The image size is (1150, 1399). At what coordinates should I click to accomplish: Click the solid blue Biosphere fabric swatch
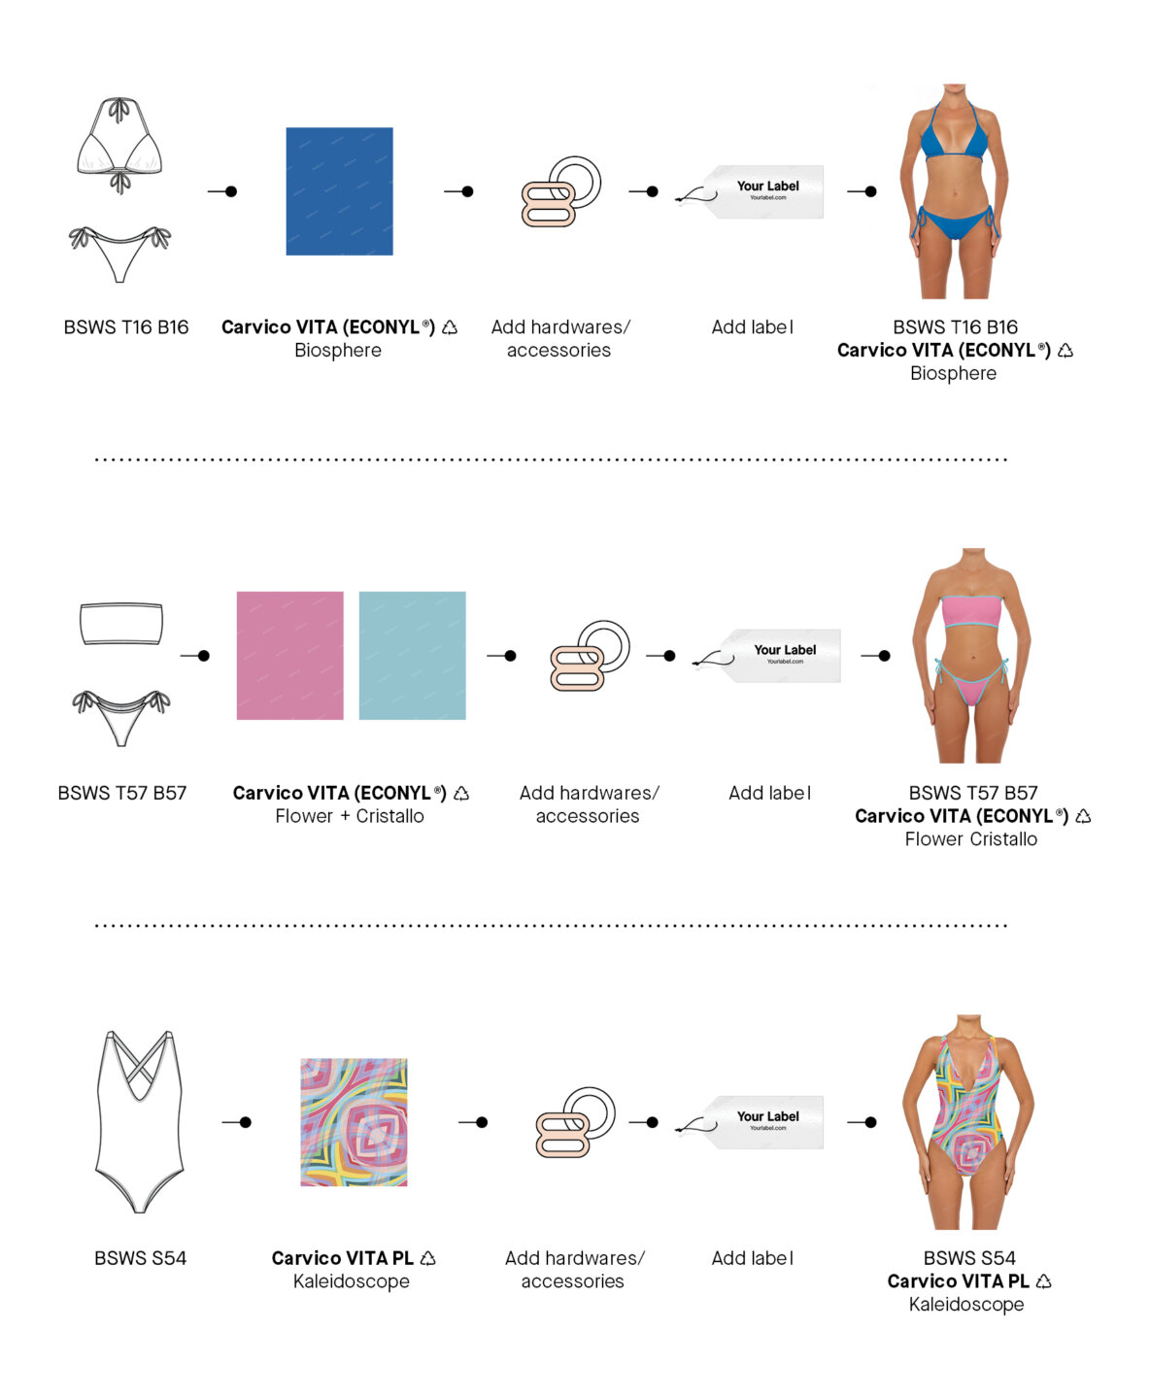tap(339, 191)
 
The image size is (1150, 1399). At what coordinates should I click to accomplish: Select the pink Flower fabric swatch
tap(289, 656)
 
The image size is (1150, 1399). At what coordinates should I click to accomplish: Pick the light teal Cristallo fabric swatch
tap(412, 656)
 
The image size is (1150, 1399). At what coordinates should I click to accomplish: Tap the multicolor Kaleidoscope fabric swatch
tap(354, 1122)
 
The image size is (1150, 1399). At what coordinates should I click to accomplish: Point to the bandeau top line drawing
tap(121, 624)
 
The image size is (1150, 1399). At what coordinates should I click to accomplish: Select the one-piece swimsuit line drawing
tap(139, 1121)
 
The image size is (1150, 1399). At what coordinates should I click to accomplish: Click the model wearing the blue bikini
tap(954, 191)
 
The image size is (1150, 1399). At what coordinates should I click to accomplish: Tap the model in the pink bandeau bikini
tap(972, 656)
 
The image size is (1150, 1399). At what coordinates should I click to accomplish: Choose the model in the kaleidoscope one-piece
tap(968, 1121)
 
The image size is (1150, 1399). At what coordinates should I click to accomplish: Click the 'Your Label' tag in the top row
tap(750, 191)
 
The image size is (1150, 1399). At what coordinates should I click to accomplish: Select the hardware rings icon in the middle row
tap(591, 656)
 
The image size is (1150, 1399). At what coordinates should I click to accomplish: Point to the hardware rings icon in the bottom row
tap(576, 1122)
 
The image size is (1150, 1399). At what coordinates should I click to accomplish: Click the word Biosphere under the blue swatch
tap(338, 351)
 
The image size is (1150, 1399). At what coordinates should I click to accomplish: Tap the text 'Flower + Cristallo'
tap(350, 816)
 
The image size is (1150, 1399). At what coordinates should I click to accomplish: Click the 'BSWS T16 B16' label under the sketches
tap(126, 327)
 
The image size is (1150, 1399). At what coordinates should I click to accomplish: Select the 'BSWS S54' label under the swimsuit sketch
tap(141, 1258)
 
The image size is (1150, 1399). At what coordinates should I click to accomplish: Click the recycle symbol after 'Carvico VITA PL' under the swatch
tap(428, 1258)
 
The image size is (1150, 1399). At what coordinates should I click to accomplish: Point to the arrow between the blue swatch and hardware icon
tap(459, 191)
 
